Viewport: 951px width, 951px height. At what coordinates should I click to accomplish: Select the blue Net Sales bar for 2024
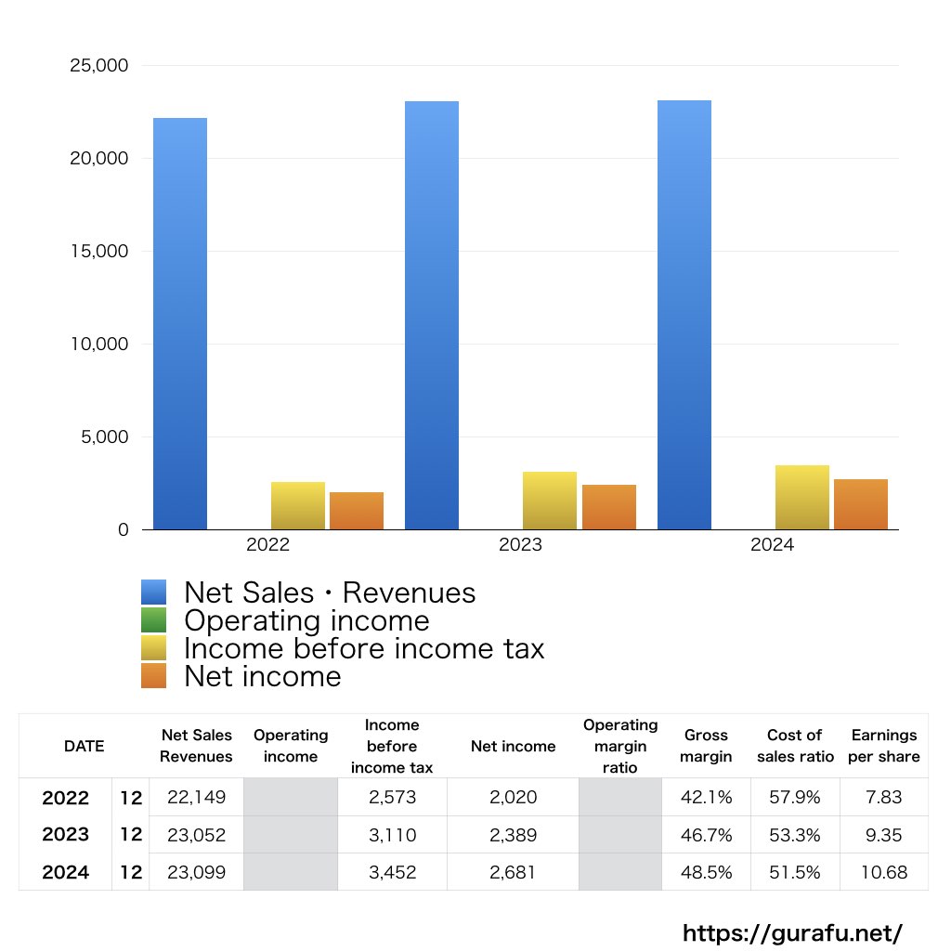click(x=684, y=315)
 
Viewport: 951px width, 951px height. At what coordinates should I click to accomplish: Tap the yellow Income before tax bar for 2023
click(x=550, y=501)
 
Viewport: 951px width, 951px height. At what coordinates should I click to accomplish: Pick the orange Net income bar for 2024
click(x=861, y=504)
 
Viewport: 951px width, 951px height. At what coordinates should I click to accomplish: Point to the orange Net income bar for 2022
click(x=357, y=511)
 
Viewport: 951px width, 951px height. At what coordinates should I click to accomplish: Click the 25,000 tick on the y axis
click(x=99, y=66)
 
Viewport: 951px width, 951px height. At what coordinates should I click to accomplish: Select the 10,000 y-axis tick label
click(x=99, y=345)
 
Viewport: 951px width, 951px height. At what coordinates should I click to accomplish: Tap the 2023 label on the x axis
click(x=520, y=545)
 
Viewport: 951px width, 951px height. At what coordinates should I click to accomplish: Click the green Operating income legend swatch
click(x=153, y=620)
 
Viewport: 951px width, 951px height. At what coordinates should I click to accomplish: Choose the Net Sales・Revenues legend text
click(x=330, y=593)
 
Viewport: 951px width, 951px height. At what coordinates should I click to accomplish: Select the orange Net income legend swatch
click(x=153, y=676)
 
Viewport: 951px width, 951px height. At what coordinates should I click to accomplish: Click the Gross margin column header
click(x=706, y=746)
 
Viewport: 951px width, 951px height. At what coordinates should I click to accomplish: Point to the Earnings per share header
click(x=884, y=746)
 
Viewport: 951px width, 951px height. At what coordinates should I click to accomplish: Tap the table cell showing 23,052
click(x=196, y=835)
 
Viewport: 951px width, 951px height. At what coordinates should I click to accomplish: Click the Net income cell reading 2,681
click(x=513, y=872)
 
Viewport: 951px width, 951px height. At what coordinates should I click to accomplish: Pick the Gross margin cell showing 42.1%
click(x=706, y=797)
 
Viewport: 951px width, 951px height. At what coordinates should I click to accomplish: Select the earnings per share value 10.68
click(x=884, y=872)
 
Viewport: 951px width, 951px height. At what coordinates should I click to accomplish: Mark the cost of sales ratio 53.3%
click(x=795, y=835)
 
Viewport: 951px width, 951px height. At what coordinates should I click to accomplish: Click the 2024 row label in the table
click(x=65, y=872)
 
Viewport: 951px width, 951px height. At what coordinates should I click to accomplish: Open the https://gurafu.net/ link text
click(x=792, y=932)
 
